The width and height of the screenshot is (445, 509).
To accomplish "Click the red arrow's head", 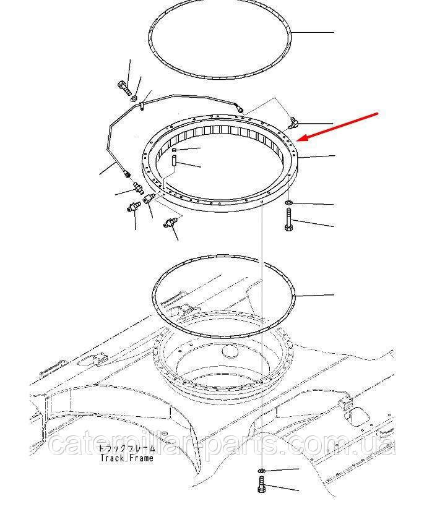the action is coord(301,139).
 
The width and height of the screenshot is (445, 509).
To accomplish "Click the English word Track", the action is coord(112,458).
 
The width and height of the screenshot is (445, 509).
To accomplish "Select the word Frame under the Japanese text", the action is coord(141,458).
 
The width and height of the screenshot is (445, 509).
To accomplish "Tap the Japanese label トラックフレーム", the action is coord(127,448).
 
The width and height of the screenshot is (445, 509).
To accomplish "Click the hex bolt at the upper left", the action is coord(124,88).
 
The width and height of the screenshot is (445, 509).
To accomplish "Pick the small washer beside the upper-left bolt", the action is coord(134,98).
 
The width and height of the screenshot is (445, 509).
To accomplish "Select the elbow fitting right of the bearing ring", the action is coord(292,123).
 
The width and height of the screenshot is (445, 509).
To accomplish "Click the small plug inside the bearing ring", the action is coord(175,150).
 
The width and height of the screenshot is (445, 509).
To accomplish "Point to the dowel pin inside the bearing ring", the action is coord(174,161).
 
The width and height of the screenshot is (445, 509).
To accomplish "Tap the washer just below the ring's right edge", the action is coord(288,203).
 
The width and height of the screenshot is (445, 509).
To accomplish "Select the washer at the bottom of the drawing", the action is coord(261,471).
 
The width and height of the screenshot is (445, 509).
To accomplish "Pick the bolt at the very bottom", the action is coord(261,484).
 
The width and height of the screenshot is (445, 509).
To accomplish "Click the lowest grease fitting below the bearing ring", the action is coord(170,223).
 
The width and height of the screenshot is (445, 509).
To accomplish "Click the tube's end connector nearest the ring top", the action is coord(240,109).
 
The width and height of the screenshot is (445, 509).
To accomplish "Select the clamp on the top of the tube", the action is coord(142,106).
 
